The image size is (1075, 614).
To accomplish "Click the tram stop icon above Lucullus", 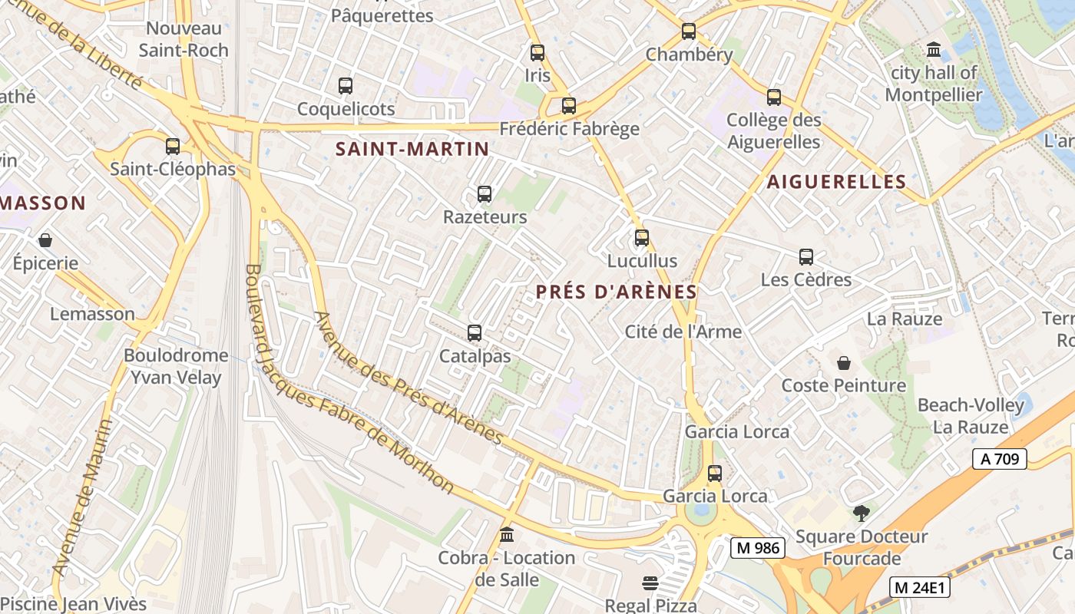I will click(x=642, y=238).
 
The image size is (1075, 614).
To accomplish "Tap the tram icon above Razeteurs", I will click(x=485, y=194).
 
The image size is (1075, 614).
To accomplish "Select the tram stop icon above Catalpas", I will click(x=475, y=333).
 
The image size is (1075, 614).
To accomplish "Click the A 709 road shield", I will click(x=1000, y=459).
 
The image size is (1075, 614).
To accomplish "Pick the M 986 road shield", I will click(x=757, y=547).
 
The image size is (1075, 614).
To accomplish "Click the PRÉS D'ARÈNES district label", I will click(x=617, y=292).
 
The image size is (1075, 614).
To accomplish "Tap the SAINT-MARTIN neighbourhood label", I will click(x=412, y=149).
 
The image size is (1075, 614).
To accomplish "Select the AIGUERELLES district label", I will click(x=836, y=182).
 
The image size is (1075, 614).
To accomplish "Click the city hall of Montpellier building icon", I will click(x=934, y=51).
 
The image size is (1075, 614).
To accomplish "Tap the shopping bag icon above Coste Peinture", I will click(x=844, y=362).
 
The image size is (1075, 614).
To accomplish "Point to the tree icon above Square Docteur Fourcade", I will click(x=862, y=513).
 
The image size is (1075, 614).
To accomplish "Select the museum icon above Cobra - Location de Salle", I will click(x=507, y=534).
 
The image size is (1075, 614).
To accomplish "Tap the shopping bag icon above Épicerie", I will click(x=45, y=240).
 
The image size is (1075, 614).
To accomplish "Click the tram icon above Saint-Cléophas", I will click(x=173, y=146).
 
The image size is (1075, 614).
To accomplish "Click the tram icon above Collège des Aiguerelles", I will click(x=774, y=97).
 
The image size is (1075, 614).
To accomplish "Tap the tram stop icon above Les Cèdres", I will click(x=806, y=257).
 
